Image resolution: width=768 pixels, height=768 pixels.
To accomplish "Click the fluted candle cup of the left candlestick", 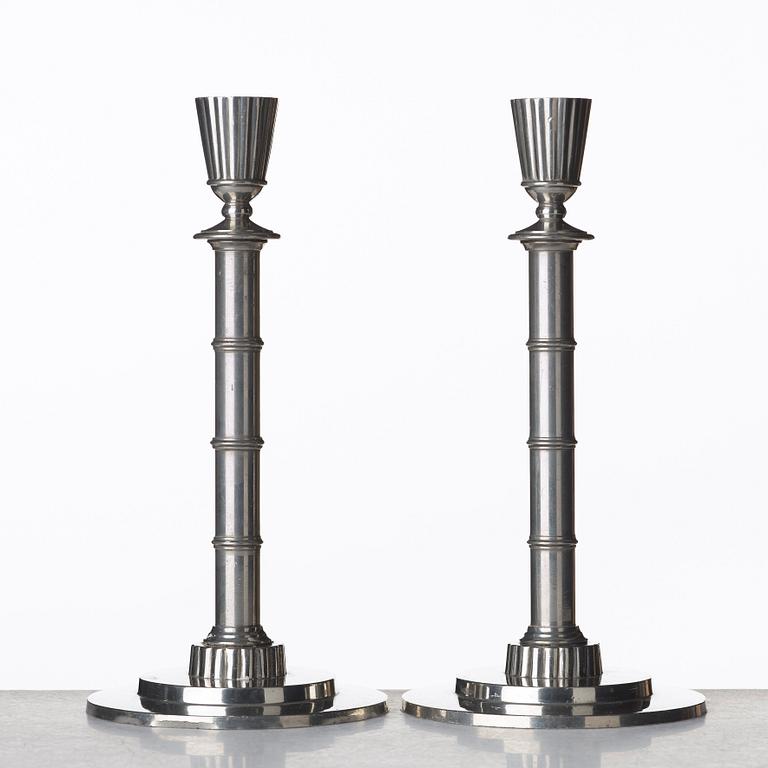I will point(237,140).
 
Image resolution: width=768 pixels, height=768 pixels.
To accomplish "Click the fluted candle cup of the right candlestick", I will point(551,140).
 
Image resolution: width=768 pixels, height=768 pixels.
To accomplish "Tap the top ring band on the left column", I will point(237,343).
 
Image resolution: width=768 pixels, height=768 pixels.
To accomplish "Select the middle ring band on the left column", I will point(237,442).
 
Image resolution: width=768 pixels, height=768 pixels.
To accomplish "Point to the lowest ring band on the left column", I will point(237,542).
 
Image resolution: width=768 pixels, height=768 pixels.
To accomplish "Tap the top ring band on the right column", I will point(552,344).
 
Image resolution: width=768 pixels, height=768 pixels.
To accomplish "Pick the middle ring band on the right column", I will point(552,443).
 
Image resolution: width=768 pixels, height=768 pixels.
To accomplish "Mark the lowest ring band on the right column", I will point(552,543).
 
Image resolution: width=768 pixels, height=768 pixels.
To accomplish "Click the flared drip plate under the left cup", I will point(237,233).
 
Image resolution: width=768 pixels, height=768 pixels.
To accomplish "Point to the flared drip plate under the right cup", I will point(551,234).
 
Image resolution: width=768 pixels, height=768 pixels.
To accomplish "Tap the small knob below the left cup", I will point(237,206).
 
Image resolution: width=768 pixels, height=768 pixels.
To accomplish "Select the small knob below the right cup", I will point(551,206).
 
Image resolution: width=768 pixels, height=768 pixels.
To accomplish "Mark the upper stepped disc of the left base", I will point(237,690).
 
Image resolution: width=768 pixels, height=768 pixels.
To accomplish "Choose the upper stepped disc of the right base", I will point(553,690).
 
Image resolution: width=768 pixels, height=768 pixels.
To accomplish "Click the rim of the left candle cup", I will point(237,99).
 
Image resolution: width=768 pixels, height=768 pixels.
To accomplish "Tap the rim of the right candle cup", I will point(551,100).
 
